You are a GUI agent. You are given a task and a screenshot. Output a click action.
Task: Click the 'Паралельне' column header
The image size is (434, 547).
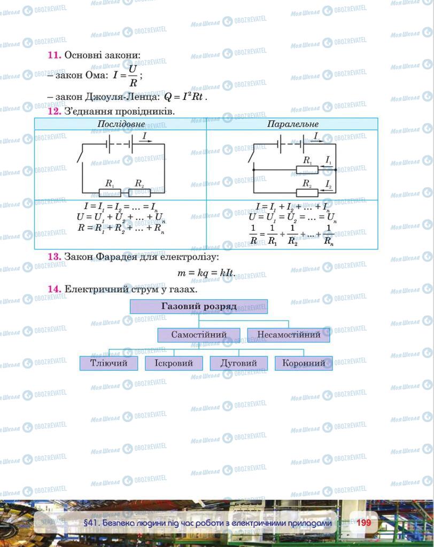tap(292, 124)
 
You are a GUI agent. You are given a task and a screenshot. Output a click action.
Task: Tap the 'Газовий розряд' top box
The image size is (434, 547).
tap(198, 307)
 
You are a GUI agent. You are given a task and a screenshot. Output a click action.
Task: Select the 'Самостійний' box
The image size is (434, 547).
tap(199, 335)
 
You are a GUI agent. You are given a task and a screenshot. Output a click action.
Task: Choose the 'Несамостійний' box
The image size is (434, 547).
tap(289, 335)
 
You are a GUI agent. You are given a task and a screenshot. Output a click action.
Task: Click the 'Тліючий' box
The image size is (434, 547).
tap(108, 363)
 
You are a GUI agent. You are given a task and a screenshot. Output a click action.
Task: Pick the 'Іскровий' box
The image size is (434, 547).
tap(174, 363)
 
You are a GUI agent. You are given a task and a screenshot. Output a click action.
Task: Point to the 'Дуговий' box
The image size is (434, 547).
tap(238, 363)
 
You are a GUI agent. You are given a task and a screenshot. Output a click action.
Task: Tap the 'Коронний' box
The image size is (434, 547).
tap(304, 363)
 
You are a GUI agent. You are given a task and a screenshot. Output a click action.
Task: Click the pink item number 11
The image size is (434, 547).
tap(55, 55)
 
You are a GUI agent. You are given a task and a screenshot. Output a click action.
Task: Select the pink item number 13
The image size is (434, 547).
tap(55, 256)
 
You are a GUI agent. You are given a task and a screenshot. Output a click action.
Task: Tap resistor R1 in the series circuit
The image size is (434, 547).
tap(111, 192)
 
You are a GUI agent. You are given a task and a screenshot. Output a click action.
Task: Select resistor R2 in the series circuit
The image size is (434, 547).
tap(140, 192)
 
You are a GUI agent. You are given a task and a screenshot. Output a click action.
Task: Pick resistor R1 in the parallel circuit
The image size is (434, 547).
tap(307, 170)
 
